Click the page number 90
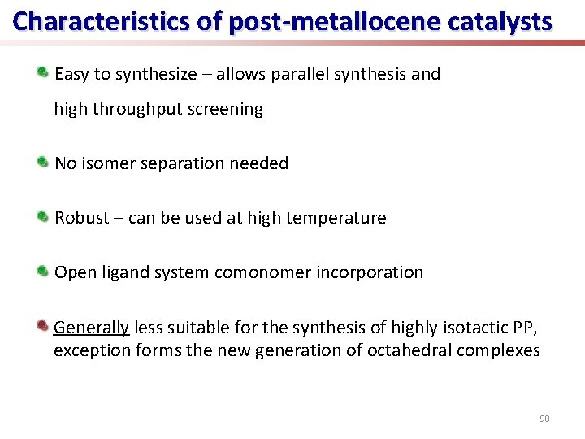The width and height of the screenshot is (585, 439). pos(544,419)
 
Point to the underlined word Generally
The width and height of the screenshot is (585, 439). pos(91,327)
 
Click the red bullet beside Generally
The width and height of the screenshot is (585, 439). pos(43,326)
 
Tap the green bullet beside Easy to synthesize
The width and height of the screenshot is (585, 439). pos(43,73)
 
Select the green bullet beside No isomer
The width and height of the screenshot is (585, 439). pos(43,163)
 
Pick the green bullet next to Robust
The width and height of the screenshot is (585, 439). pos(43,217)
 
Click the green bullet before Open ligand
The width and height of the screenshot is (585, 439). pos(43,272)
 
